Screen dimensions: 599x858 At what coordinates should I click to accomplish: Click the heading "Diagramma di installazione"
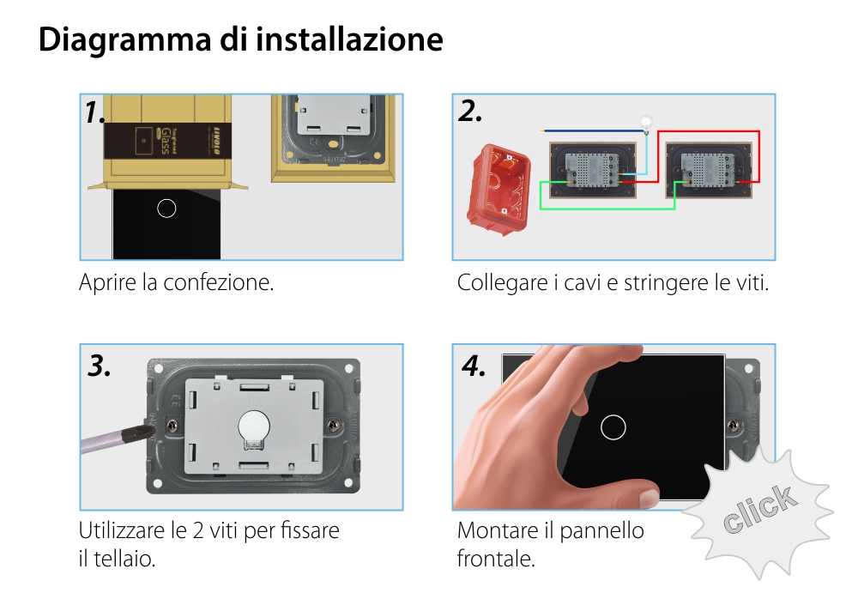pyautogui.click(x=240, y=40)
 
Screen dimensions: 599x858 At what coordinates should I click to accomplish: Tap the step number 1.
pyautogui.click(x=95, y=112)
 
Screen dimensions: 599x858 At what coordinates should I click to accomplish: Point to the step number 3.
pyautogui.click(x=100, y=366)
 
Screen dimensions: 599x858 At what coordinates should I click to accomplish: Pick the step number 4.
pyautogui.click(x=474, y=366)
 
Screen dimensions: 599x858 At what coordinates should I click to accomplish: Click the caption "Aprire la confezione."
pyautogui.click(x=176, y=282)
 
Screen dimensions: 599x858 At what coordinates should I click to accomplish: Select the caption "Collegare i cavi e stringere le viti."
pyautogui.click(x=613, y=282)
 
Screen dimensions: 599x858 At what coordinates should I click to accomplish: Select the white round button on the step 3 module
pyautogui.click(x=252, y=425)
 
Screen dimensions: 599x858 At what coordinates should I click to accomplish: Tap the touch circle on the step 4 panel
pyautogui.click(x=613, y=427)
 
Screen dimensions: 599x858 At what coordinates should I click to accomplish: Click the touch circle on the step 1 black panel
pyautogui.click(x=167, y=208)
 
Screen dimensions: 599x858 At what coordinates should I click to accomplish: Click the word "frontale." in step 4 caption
pyautogui.click(x=496, y=559)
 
